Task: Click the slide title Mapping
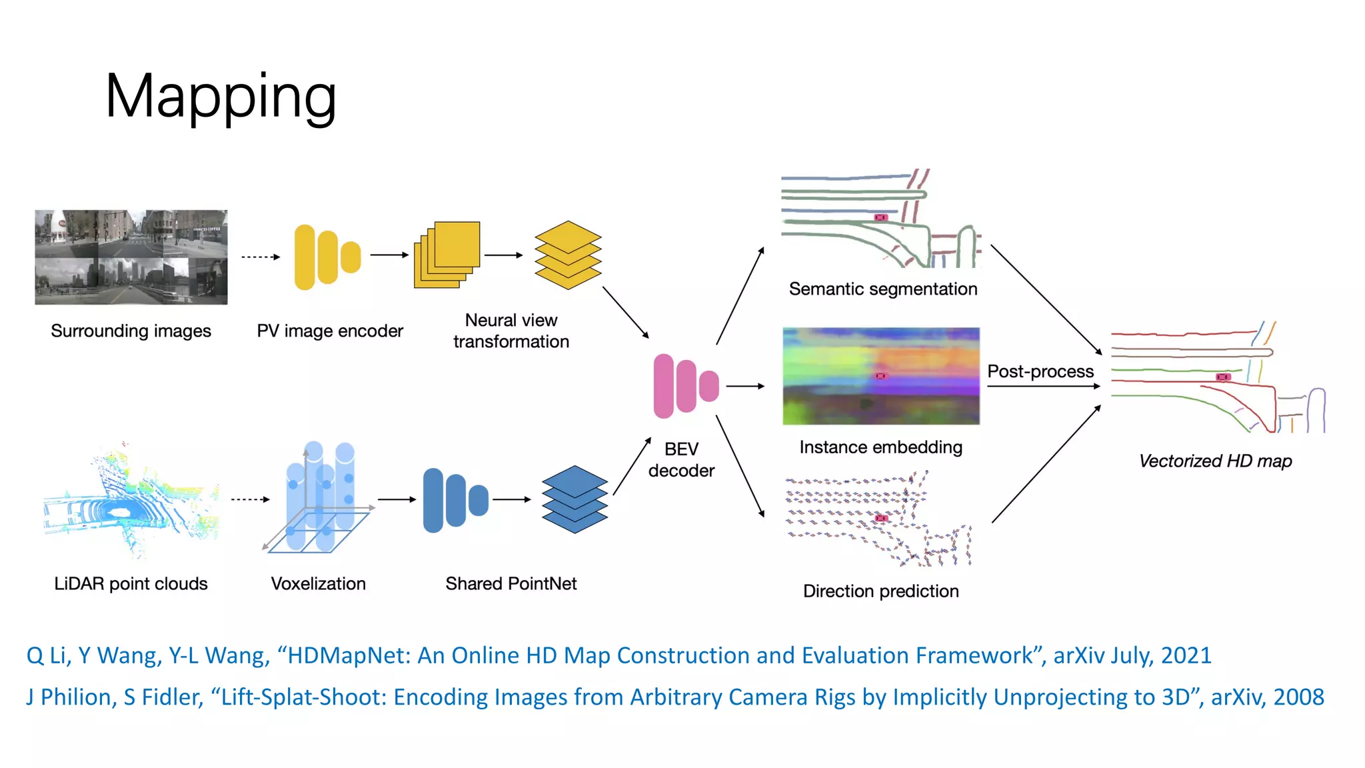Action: (221, 97)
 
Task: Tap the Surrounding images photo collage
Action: (131, 257)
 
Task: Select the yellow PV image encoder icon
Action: (327, 257)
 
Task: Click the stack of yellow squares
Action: (447, 255)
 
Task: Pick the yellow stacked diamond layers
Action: (568, 255)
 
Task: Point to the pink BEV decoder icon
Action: (686, 386)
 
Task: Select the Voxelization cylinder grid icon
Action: (319, 499)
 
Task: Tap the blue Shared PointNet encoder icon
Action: (455, 500)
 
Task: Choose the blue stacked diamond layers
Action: (575, 499)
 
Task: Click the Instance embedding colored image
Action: (880, 376)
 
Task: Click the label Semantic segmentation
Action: (882, 289)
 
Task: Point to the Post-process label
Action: (1040, 371)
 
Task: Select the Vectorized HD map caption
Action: (1215, 461)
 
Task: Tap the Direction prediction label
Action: (880, 591)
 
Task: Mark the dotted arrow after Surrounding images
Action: (260, 257)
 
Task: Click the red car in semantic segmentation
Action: (881, 217)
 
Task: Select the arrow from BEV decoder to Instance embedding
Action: (745, 386)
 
